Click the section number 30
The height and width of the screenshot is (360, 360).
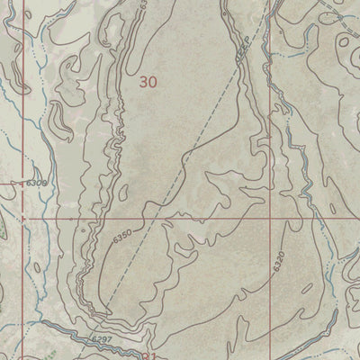click(x=148, y=82)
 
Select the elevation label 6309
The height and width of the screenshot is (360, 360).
click(x=36, y=183)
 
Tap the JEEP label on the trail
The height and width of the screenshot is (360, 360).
click(x=243, y=56)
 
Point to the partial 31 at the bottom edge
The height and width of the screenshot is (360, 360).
click(x=149, y=356)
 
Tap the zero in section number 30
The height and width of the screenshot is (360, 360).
click(x=153, y=82)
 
